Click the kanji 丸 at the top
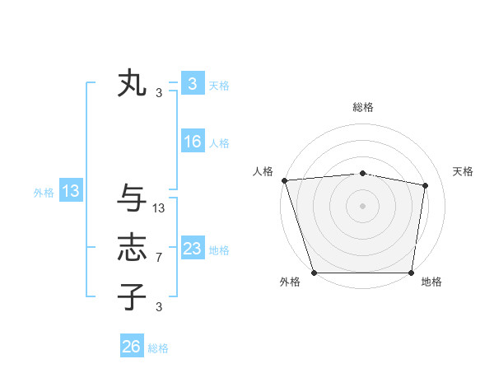pyautogui.click(x=132, y=84)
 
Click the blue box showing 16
pyautogui.click(x=193, y=142)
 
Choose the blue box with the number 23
pyautogui.click(x=193, y=249)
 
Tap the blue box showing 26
pyautogui.click(x=132, y=347)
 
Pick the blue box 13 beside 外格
pyautogui.click(x=71, y=192)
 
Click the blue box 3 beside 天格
pyautogui.click(x=193, y=83)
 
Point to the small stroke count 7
pyautogui.click(x=158, y=258)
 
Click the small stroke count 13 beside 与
pyautogui.click(x=159, y=209)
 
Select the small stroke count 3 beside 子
pyautogui.click(x=158, y=306)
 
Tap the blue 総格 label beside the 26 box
pyautogui.click(x=158, y=348)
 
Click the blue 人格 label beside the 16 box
pyautogui.click(x=219, y=143)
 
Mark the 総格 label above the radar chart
pyautogui.click(x=362, y=107)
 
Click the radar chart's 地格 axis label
pyautogui.click(x=431, y=282)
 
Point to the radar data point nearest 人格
pyautogui.click(x=284, y=180)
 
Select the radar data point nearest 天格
pyautogui.click(x=425, y=185)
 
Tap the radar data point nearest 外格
pyautogui.click(x=315, y=273)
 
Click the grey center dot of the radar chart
pyautogui.click(x=362, y=205)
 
